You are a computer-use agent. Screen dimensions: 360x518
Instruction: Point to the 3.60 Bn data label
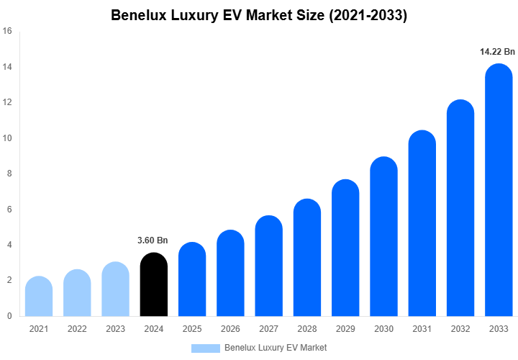[153, 240]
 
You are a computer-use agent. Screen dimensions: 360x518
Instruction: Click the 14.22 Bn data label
[498, 52]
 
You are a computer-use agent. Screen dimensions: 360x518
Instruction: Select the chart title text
[259, 15]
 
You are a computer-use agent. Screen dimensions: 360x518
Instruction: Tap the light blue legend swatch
[206, 348]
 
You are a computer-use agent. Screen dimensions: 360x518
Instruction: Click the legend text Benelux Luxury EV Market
[276, 348]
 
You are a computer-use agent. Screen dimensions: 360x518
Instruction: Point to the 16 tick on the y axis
[7, 32]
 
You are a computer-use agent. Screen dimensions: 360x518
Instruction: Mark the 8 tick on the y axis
[9, 174]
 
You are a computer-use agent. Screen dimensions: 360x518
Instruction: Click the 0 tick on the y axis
[9, 316]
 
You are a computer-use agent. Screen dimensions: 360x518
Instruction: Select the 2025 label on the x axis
[192, 329]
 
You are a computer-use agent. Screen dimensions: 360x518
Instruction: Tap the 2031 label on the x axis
[422, 329]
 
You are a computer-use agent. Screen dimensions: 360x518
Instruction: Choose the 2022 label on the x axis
[77, 329]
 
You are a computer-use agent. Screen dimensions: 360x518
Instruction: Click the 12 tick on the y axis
[7, 103]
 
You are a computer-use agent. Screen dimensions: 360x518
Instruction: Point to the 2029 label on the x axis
[345, 329]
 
